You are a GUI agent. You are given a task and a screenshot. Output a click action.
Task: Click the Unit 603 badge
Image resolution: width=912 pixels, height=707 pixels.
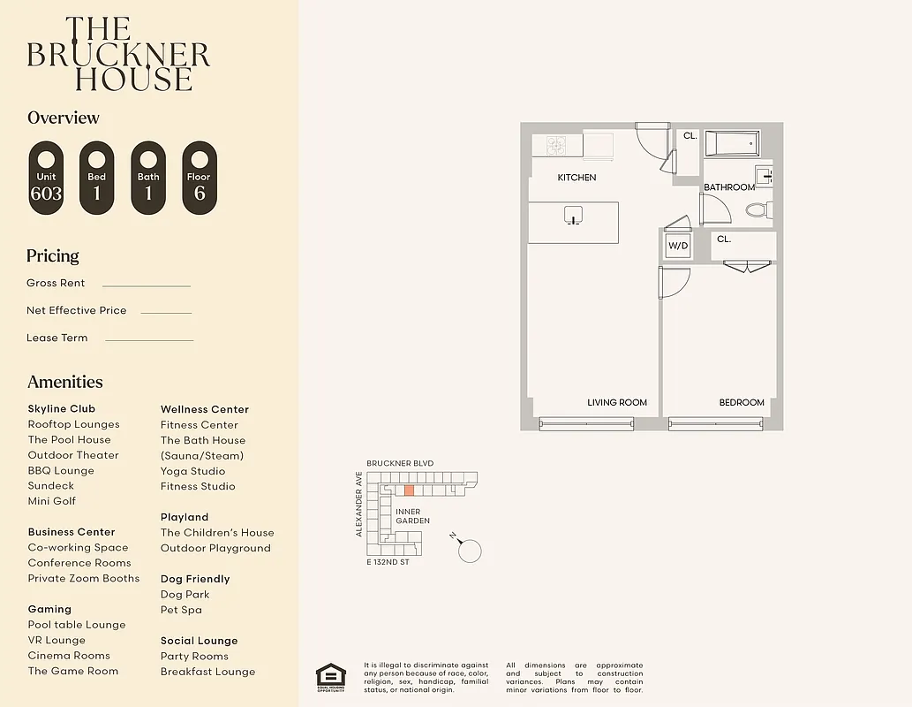pyautogui.click(x=46, y=178)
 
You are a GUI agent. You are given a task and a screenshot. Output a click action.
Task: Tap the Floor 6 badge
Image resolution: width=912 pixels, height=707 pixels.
pyautogui.click(x=200, y=178)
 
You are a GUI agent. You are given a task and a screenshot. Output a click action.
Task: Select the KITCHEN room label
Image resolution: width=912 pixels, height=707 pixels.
pyautogui.click(x=577, y=178)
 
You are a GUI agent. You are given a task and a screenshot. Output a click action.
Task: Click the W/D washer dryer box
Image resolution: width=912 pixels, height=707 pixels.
pyautogui.click(x=677, y=246)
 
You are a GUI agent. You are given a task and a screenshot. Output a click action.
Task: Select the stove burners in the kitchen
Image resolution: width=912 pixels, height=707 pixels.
pyautogui.click(x=555, y=144)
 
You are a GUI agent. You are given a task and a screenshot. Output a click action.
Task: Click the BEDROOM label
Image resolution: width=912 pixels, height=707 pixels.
pyautogui.click(x=742, y=403)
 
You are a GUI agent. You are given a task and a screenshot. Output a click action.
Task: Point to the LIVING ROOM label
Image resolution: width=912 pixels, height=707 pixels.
pyautogui.click(x=617, y=403)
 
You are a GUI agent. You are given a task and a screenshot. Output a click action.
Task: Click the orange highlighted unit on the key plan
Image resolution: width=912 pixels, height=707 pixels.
pyautogui.click(x=409, y=490)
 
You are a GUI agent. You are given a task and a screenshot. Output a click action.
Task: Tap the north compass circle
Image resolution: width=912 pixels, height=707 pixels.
pyautogui.click(x=471, y=551)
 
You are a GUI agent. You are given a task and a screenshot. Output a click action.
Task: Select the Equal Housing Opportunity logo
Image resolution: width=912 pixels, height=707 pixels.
pyautogui.click(x=331, y=676)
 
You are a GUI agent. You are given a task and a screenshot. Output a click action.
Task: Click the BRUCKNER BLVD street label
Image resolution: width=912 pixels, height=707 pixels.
pyautogui.click(x=400, y=463)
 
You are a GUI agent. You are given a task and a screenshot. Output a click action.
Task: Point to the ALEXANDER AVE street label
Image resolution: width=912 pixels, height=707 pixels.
pyautogui.click(x=359, y=504)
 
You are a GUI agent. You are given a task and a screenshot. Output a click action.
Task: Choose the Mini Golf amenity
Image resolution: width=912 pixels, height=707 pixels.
pyautogui.click(x=52, y=501)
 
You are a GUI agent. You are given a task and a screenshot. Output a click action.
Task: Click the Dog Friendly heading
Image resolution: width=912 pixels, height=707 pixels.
pyautogui.click(x=195, y=579)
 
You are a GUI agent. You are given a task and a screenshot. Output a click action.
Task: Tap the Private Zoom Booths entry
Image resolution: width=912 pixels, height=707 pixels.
pyautogui.click(x=84, y=579)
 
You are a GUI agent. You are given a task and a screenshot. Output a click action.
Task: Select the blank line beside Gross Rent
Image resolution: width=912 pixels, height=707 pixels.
pyautogui.click(x=146, y=285)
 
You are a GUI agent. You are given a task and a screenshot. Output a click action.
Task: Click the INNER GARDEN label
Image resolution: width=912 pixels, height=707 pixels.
pyautogui.click(x=412, y=516)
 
